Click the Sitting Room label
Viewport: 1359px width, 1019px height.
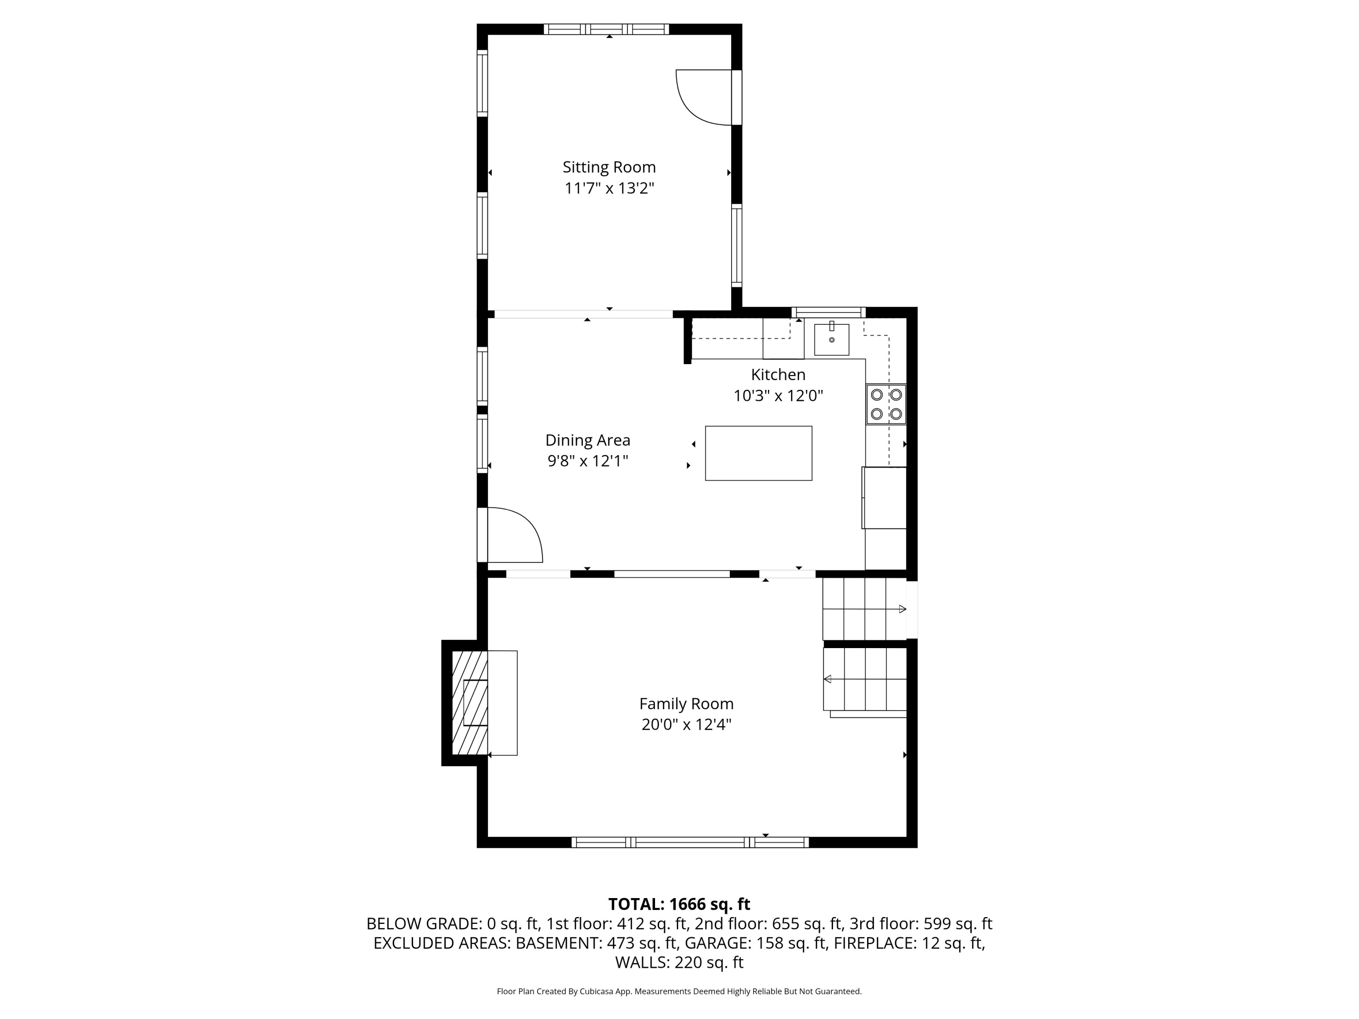point(609,167)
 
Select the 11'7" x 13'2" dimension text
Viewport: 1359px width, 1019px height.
point(609,188)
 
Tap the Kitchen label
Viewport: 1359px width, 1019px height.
point(778,375)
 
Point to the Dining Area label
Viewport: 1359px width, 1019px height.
point(588,440)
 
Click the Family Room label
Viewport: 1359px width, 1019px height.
point(686,704)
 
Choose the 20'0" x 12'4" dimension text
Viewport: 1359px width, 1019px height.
point(686,725)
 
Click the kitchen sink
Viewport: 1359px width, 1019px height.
point(831,340)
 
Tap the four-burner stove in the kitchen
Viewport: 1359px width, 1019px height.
point(886,404)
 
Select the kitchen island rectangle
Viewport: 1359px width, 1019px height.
point(758,453)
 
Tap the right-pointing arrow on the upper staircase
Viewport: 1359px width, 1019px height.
point(902,609)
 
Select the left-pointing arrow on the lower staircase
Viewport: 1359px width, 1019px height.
point(828,679)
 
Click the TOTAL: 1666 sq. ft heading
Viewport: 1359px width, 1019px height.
point(679,904)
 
